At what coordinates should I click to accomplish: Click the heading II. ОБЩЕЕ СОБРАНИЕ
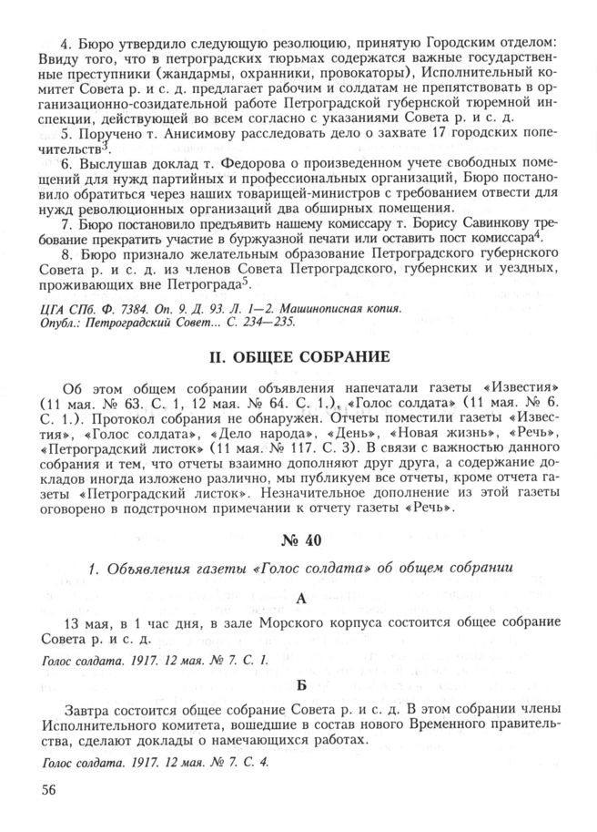298,355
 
